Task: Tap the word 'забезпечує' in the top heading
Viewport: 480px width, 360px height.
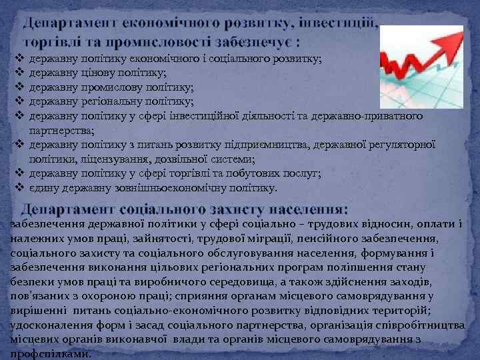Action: (246, 43)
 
